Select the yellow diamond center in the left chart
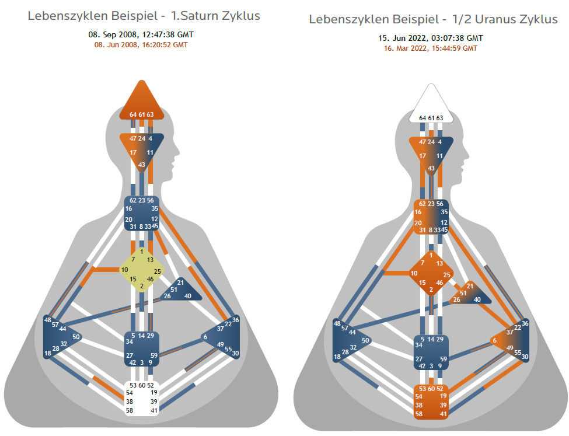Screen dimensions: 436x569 click(x=142, y=270)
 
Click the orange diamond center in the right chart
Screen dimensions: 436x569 click(x=431, y=273)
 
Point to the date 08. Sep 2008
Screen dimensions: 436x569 click(x=110, y=34)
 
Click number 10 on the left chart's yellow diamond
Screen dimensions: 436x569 click(x=125, y=270)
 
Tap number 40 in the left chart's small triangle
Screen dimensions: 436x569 click(x=188, y=296)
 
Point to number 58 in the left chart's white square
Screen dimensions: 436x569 click(x=129, y=411)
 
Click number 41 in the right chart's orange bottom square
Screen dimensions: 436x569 click(x=444, y=414)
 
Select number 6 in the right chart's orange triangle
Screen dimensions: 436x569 click(x=494, y=340)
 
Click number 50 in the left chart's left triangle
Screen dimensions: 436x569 click(x=76, y=337)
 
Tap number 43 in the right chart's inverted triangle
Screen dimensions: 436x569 click(x=431, y=168)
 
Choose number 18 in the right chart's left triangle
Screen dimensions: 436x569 click(x=337, y=357)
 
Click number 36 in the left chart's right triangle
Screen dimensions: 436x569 click(x=236, y=320)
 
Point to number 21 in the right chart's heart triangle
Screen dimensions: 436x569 click(x=470, y=286)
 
